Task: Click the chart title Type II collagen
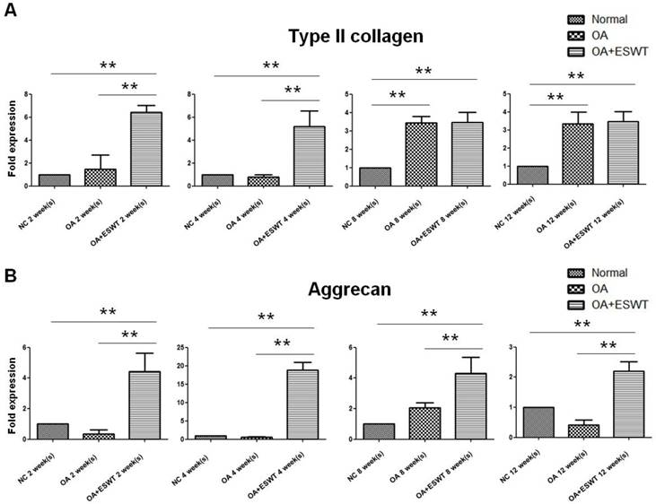point(355,37)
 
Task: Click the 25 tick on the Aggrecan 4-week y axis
point(184,347)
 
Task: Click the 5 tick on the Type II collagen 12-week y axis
point(509,94)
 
